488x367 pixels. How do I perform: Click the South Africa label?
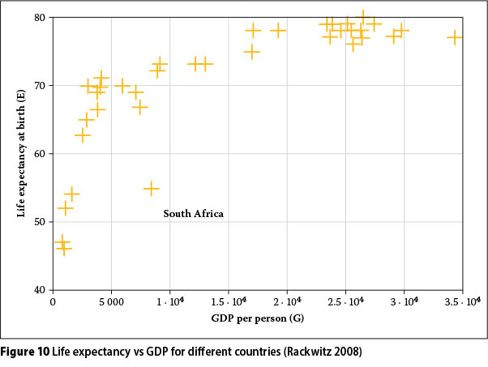pyautogui.click(x=193, y=214)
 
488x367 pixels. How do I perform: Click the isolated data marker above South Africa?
pyautogui.click(x=151, y=188)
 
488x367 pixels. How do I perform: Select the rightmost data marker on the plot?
pyautogui.click(x=455, y=37)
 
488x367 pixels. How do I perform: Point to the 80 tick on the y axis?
pyautogui.click(x=39, y=18)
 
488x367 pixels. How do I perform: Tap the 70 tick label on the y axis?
pyautogui.click(x=39, y=86)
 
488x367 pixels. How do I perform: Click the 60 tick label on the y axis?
pyautogui.click(x=39, y=154)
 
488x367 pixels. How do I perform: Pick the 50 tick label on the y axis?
pyautogui.click(x=39, y=222)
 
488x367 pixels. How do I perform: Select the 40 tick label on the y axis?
pyautogui.click(x=39, y=290)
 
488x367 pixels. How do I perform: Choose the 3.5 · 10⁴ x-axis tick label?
pyautogui.click(x=463, y=302)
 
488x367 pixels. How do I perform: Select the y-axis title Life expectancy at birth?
pyautogui.click(x=21, y=153)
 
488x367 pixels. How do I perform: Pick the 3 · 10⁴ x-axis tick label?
pyautogui.click(x=405, y=302)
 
